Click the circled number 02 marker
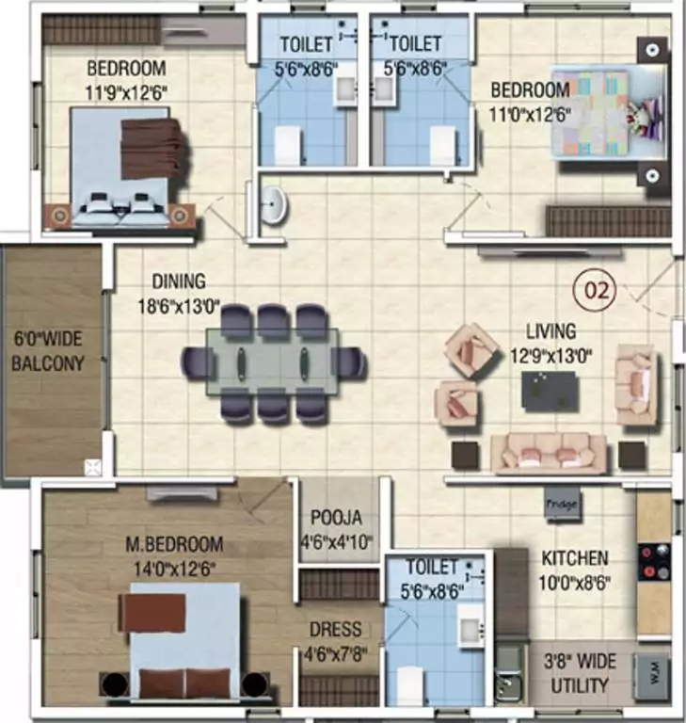(598, 290)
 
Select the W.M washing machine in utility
(651, 672)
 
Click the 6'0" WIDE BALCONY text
(50, 350)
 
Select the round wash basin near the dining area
(274, 205)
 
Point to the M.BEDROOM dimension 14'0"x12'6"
(175, 569)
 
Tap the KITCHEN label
(574, 558)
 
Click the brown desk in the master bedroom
(152, 613)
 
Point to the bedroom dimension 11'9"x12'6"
(127, 92)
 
